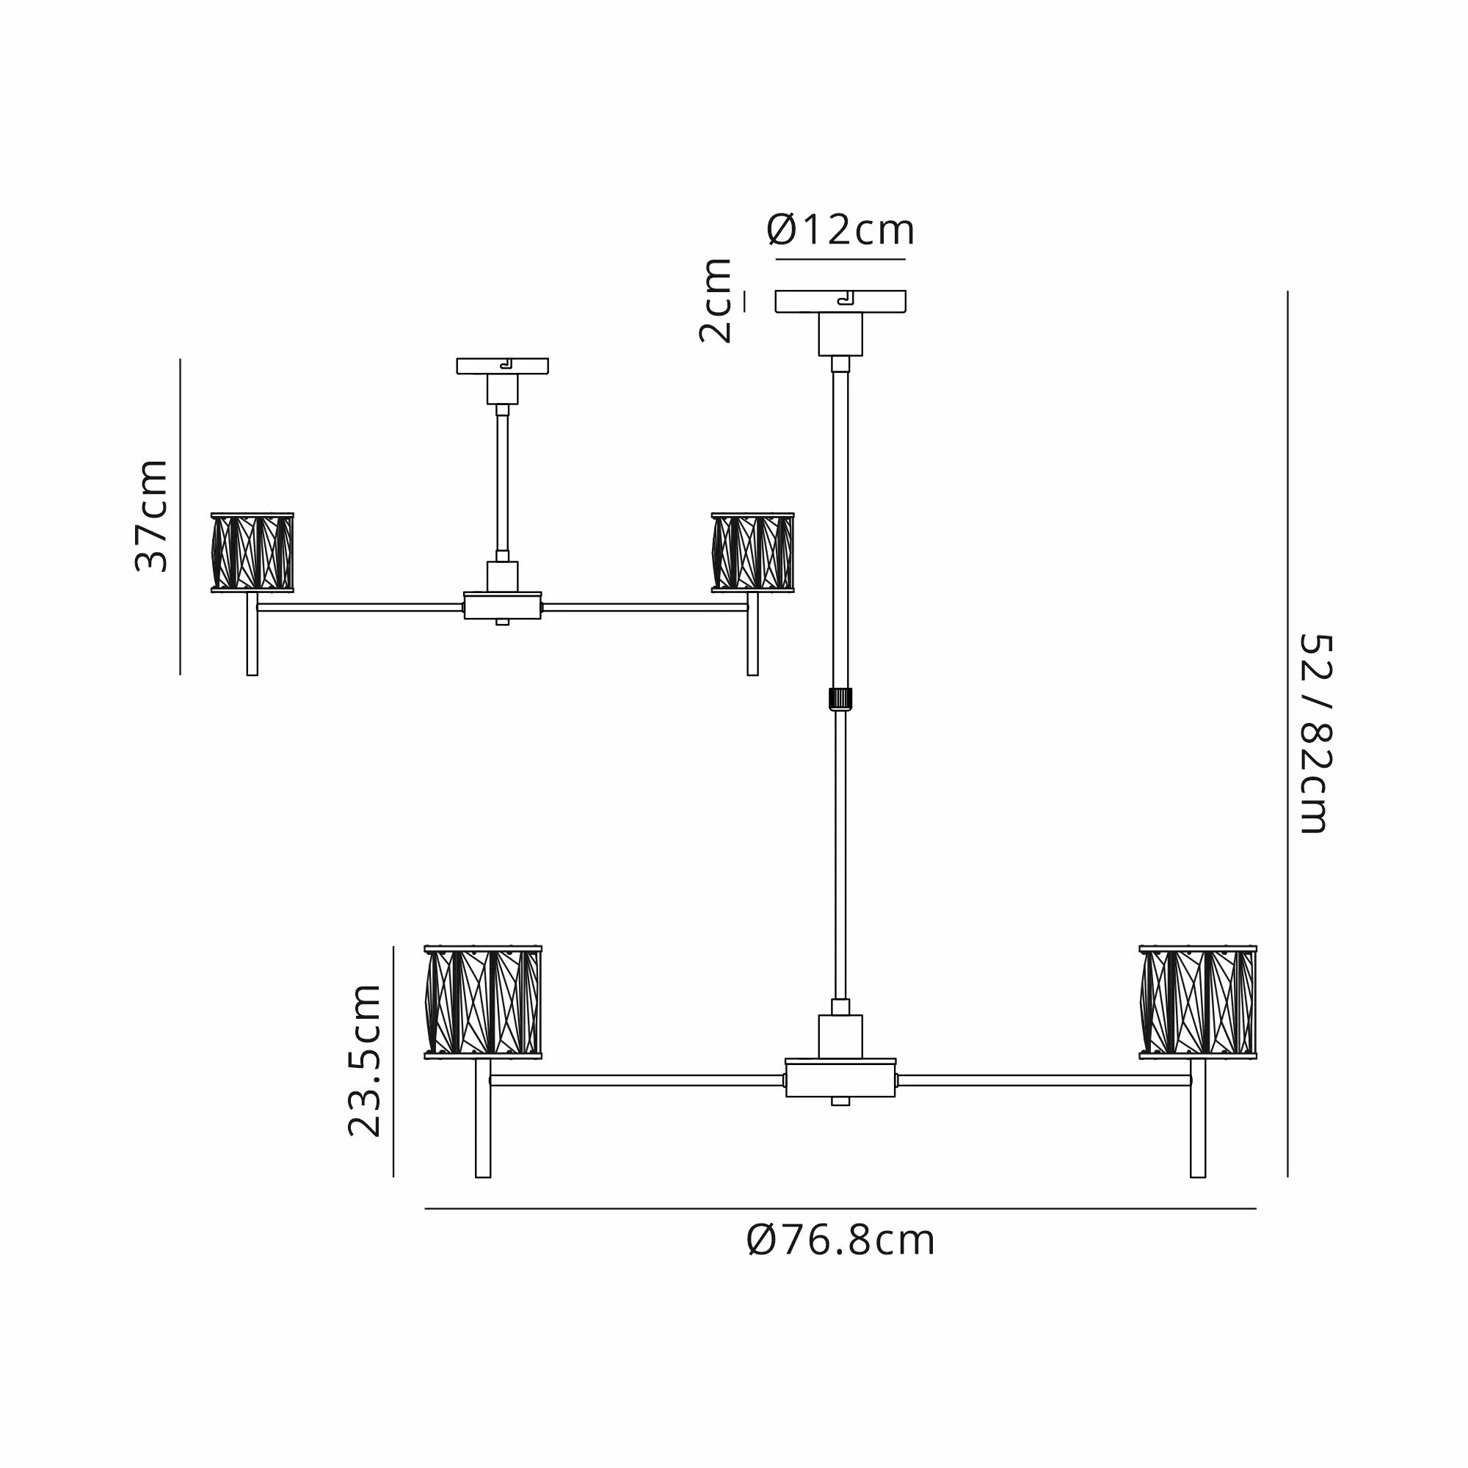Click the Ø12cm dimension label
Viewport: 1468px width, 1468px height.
point(840,230)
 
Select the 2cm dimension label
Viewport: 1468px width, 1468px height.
point(716,300)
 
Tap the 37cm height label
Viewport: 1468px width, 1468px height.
point(150,515)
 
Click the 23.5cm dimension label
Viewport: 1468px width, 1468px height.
point(364,1060)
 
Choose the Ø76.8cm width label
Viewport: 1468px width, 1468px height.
point(840,1240)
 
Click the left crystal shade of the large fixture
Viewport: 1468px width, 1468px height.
point(482,1002)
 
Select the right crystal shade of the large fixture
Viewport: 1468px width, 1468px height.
point(1197,1002)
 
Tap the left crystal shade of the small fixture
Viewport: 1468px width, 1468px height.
point(252,553)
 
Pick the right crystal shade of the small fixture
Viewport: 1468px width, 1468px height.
point(753,553)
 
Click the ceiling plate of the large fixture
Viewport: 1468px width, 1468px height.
point(840,302)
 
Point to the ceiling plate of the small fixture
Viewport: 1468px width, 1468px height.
point(502,366)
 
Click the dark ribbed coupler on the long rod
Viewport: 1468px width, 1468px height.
point(840,698)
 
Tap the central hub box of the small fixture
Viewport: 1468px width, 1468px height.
point(502,606)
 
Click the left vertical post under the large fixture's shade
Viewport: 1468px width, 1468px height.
point(482,1118)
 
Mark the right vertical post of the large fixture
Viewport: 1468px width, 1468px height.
point(1197,1118)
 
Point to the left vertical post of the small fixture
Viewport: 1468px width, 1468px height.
point(252,633)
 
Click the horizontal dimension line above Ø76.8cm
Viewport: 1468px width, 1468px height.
point(840,1208)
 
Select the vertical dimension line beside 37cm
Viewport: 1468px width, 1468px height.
point(180,517)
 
